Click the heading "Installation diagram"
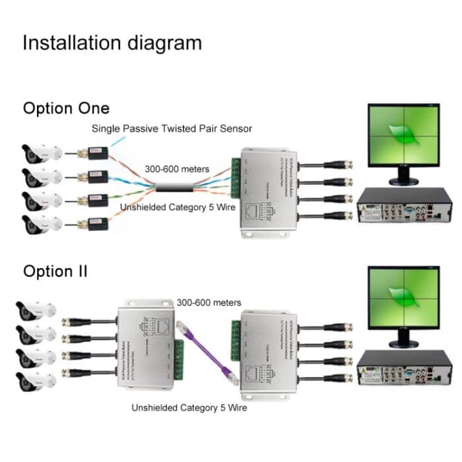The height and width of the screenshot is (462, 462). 112,44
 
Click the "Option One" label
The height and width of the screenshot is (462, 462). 66,108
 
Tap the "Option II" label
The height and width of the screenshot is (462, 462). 56,271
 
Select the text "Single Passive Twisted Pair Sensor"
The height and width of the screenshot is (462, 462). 172,128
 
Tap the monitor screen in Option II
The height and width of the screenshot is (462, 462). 403,298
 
